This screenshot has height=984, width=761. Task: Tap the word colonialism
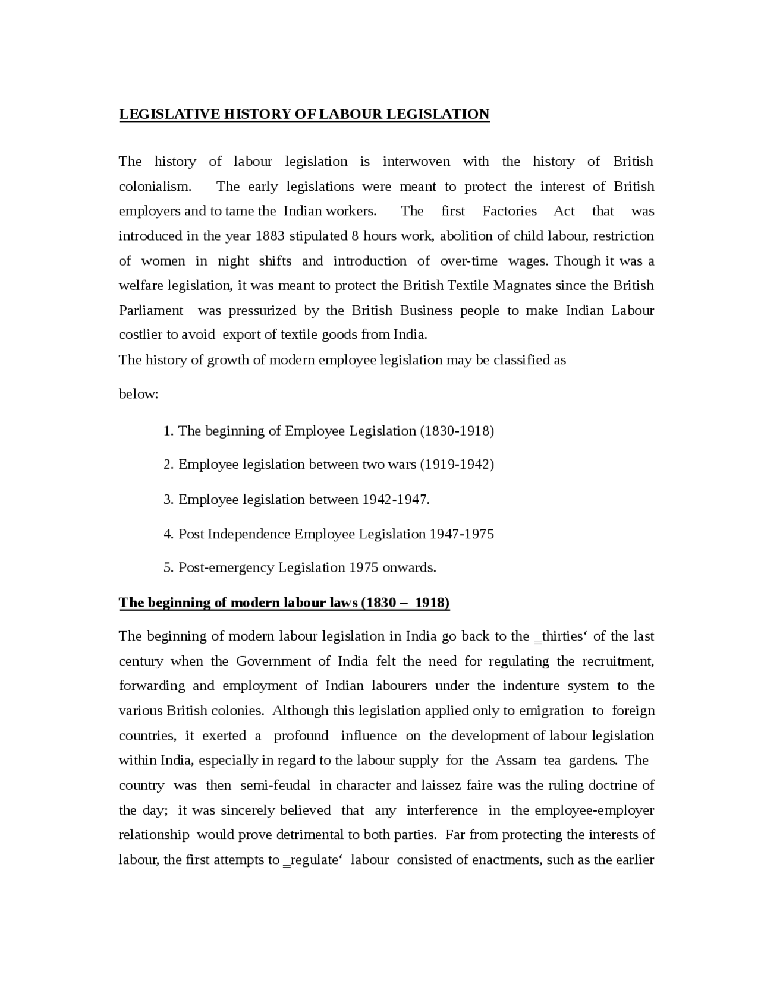(155, 187)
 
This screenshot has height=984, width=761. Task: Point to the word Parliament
(151, 310)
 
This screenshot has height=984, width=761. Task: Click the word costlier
(140, 335)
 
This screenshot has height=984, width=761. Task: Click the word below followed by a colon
(138, 394)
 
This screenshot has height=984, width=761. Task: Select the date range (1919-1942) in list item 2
(457, 464)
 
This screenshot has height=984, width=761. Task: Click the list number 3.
(168, 499)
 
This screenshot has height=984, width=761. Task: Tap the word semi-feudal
(275, 786)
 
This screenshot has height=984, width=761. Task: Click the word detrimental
(309, 835)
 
